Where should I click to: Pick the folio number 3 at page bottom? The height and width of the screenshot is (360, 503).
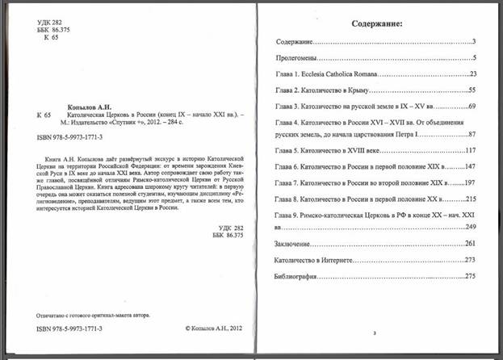point(375,333)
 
